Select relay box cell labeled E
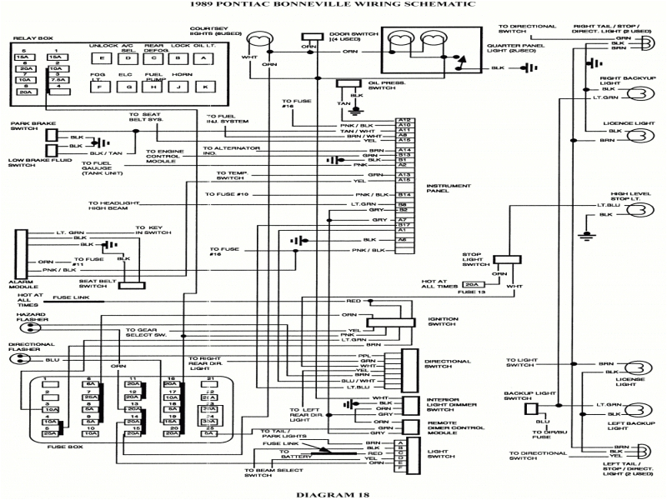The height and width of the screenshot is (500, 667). click(x=102, y=58)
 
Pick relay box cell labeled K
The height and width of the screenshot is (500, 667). click(x=203, y=87)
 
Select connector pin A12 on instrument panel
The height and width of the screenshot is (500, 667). click(x=404, y=120)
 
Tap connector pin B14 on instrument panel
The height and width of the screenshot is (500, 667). click(x=404, y=194)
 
